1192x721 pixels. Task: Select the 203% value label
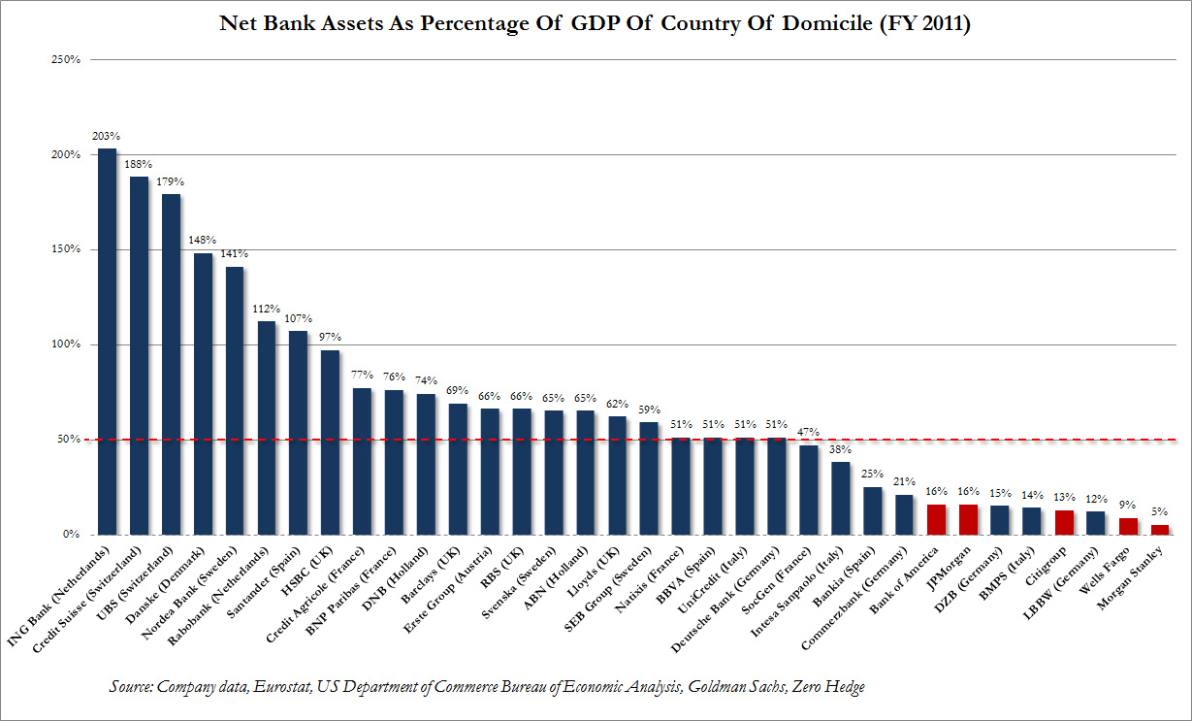[x=107, y=136]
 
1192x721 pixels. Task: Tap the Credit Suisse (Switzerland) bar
[x=140, y=355]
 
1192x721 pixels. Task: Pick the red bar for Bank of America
[x=936, y=519]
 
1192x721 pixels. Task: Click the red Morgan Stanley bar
[x=1160, y=529]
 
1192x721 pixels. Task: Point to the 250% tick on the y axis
[x=64, y=60]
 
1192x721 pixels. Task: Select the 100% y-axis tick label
[x=64, y=344]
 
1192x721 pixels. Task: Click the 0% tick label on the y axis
[x=70, y=535]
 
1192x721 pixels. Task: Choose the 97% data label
[x=331, y=338]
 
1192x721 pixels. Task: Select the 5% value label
[x=1160, y=511]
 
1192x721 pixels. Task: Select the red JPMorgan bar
[x=968, y=519]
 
